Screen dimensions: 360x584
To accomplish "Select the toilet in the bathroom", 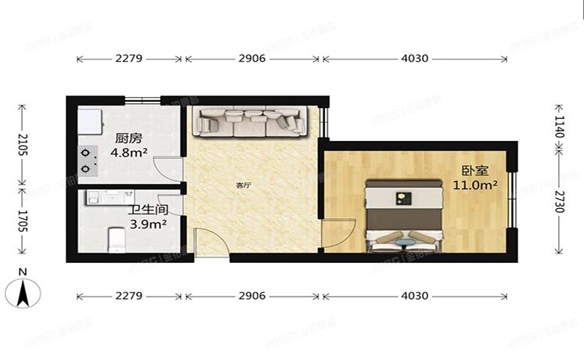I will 117,239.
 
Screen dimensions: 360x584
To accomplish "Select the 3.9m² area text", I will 147,225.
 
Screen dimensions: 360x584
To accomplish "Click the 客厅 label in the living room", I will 244,186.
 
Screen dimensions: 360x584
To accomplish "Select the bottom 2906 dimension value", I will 252,297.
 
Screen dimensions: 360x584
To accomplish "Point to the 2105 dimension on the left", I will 23,144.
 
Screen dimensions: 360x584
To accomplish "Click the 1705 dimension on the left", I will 23,219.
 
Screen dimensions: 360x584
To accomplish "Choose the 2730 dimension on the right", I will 558,199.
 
